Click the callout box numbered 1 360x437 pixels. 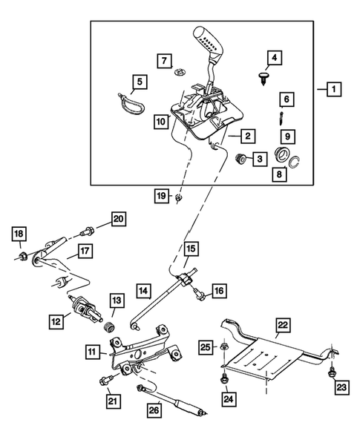tap(334, 90)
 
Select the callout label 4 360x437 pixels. tap(275, 57)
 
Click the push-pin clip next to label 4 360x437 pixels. tap(265, 77)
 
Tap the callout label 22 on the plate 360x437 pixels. tap(283, 326)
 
